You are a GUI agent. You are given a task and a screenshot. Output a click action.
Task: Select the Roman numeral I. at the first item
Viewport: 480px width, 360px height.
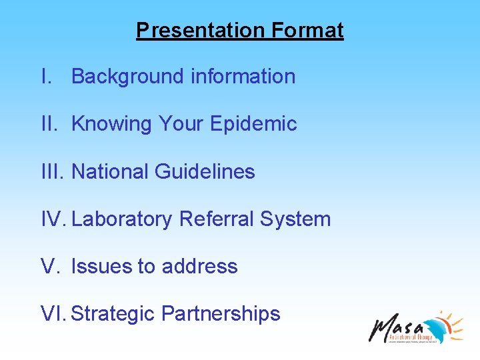tap(45, 77)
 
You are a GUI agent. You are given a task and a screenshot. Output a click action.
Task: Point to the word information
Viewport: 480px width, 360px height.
tap(243, 77)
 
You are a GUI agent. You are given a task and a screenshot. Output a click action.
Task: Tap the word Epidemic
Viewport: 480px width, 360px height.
tap(253, 124)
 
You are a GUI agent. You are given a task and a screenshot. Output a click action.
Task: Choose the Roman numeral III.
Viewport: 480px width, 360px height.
tap(51, 172)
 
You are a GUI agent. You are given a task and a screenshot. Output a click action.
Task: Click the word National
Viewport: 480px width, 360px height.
tap(110, 172)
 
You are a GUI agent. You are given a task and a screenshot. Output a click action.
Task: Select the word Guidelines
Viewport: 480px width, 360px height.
tap(205, 172)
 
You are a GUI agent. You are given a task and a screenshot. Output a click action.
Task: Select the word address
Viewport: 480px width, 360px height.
tap(199, 267)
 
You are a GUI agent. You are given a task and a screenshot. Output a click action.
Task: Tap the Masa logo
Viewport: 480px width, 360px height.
tap(416, 327)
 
